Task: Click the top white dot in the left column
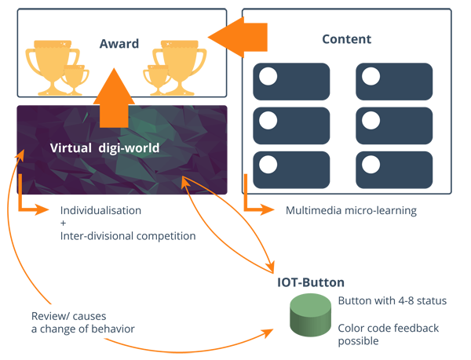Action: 268,77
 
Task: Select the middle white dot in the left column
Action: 268,121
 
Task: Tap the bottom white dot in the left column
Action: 268,165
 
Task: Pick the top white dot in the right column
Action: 371,77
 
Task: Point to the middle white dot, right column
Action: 371,121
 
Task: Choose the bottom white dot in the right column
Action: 371,165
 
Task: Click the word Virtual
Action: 72,147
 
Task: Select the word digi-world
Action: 130,147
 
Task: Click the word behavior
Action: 114,329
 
